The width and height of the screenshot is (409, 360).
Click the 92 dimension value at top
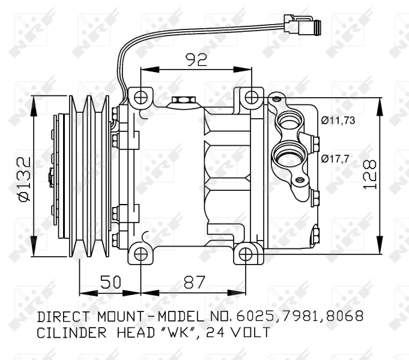tap(196, 59)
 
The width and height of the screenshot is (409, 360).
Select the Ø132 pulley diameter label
tap(23, 179)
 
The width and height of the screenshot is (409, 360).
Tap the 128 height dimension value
tap(370, 175)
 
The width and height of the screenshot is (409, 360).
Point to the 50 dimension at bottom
tap(110, 282)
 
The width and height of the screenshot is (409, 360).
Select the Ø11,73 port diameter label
tap(338, 121)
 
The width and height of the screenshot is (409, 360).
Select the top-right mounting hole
tap(252, 96)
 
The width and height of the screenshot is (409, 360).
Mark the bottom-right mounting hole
tap(246, 254)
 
